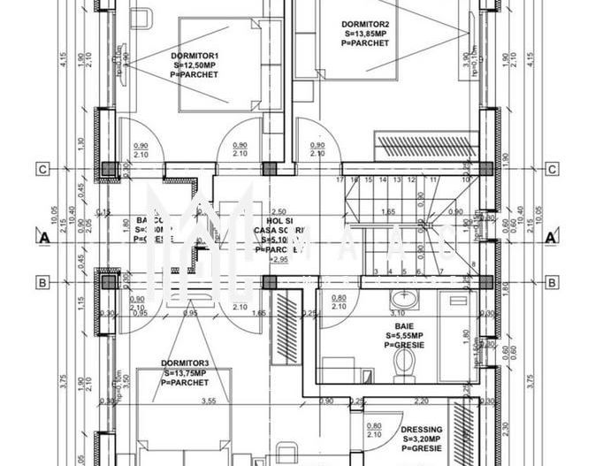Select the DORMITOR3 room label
pyautogui.click(x=185, y=363)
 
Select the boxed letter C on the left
pyautogui.click(x=42, y=169)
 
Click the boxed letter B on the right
pyautogui.click(x=551, y=283)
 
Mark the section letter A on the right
pyautogui.click(x=552, y=237)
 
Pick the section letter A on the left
pyautogui.click(x=42, y=237)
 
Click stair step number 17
pyautogui.click(x=340, y=180)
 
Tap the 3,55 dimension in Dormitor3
pyautogui.click(x=209, y=401)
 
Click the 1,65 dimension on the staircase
pyautogui.click(x=388, y=212)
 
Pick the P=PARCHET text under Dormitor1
pyautogui.click(x=195, y=74)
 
